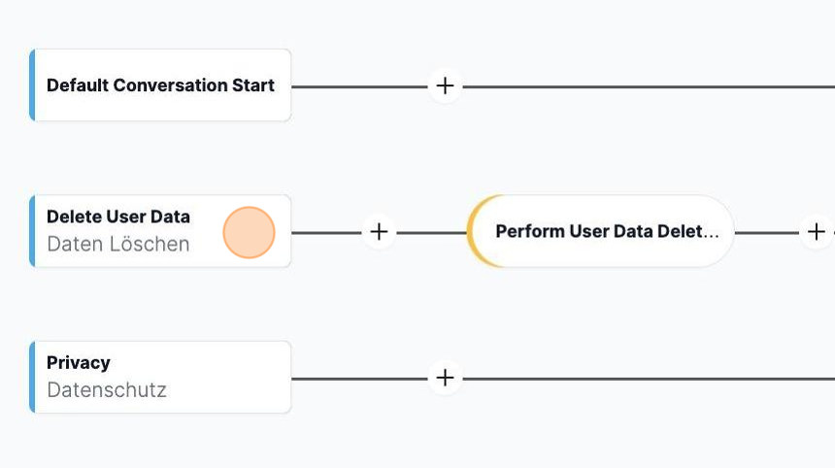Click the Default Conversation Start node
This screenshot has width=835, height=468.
pos(160,85)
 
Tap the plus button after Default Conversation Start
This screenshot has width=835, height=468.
pos(445,85)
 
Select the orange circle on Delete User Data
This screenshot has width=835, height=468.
pos(249,233)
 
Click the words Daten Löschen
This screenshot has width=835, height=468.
pos(118,244)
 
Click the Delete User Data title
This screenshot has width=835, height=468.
pos(118,217)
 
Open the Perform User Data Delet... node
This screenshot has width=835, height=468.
pos(600,231)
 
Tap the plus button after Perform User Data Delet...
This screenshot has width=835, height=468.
pos(816,232)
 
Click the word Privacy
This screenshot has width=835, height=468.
pos(79,363)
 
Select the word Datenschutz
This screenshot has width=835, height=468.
pos(107,389)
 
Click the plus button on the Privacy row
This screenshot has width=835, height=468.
pos(445,378)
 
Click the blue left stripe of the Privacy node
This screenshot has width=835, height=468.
pos(32,377)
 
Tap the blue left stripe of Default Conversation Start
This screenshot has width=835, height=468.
pos(32,85)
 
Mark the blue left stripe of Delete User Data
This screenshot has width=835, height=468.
pos(32,231)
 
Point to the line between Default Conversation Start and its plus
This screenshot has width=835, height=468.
pos(360,86)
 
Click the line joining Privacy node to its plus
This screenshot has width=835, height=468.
pos(360,379)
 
